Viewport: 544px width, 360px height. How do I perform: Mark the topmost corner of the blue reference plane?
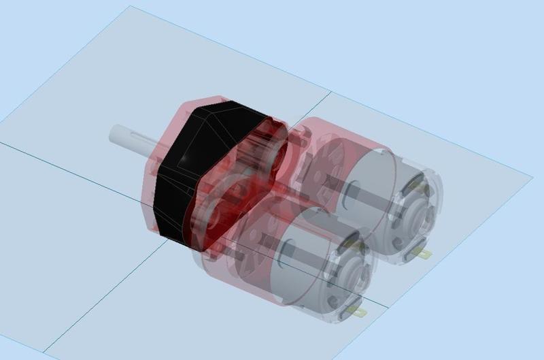pos(129,7)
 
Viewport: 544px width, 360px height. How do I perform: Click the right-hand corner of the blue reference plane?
pos(532,178)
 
